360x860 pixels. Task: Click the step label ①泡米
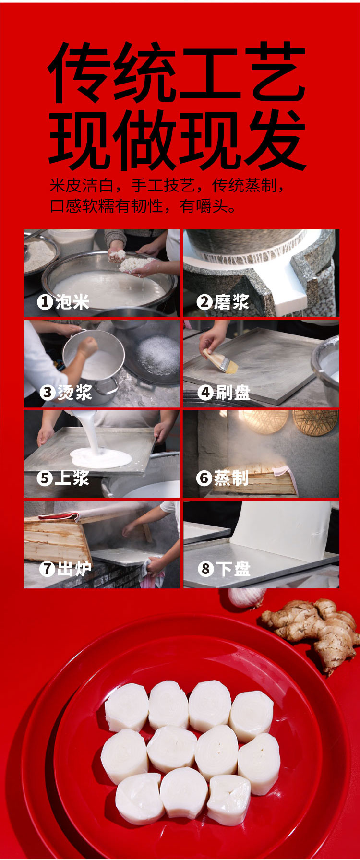(x=63, y=302)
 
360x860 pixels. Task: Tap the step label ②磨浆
(x=223, y=302)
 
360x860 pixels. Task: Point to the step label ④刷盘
(x=224, y=392)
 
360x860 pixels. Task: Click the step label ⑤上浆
(x=63, y=478)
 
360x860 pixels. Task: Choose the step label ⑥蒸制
(x=223, y=478)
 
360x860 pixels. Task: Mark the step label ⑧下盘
(x=224, y=569)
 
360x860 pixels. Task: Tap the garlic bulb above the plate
(x=246, y=598)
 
